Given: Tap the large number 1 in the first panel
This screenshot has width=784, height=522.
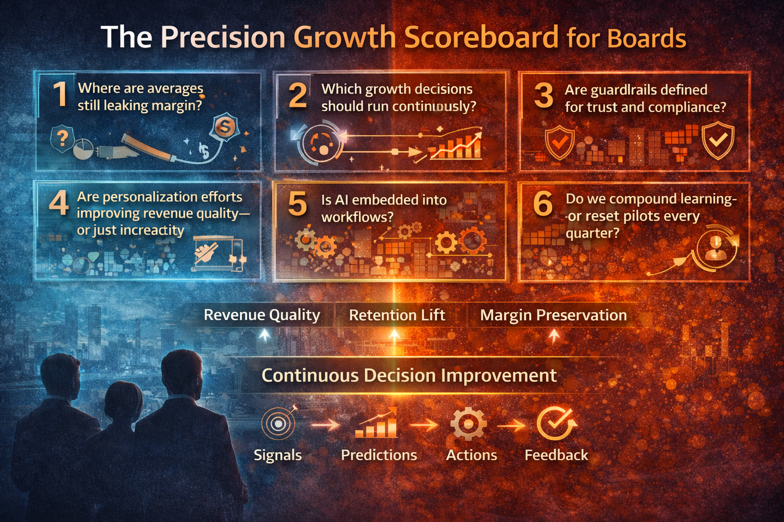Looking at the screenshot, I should coord(60,94).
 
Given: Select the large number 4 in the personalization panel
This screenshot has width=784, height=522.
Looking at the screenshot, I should coord(59,202).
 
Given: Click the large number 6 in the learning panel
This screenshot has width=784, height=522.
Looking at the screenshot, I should coord(543,203).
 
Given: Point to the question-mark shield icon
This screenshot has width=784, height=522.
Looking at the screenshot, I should coord(62,139).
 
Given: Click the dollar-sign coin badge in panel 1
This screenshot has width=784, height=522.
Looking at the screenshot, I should coord(225,127).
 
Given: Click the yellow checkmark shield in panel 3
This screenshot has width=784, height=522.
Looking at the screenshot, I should coord(718,140).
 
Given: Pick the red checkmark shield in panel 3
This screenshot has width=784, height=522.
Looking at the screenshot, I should coord(559,142).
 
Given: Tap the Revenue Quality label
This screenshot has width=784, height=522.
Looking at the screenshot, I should coord(262,315).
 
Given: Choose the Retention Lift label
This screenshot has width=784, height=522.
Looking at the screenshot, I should coord(397,316).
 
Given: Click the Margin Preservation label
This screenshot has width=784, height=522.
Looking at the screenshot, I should coord(553,316).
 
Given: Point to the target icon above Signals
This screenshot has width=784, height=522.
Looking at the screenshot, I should coord(278,424).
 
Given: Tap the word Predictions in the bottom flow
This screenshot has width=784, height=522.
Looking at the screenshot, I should coord(379,455).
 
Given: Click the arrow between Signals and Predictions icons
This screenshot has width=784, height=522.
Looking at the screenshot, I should coord(325,424).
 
